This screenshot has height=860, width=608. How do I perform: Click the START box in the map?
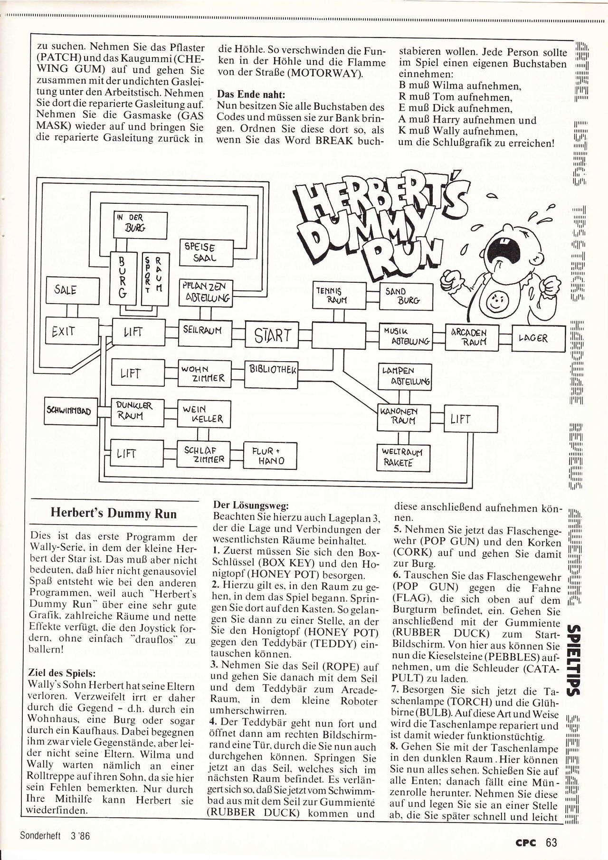tap(272, 336)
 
